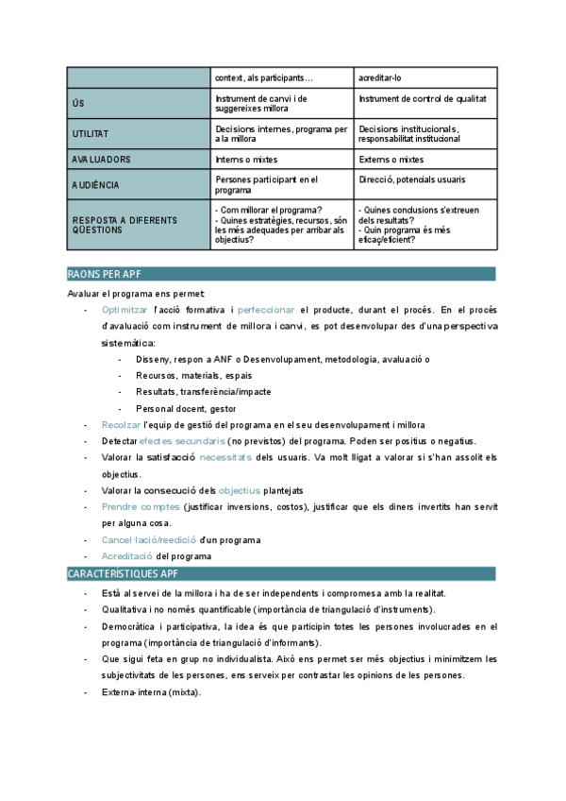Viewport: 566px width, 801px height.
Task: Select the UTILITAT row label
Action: pos(91,134)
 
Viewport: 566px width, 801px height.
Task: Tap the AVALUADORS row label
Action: pos(101,160)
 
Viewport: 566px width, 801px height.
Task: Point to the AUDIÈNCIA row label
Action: pos(95,185)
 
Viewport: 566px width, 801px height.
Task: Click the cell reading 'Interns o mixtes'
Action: pos(246,160)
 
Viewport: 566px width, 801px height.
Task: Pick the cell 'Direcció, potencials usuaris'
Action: pos(412,179)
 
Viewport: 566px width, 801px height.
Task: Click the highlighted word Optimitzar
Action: pos(125,309)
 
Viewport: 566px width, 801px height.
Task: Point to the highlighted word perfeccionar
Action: pos(266,309)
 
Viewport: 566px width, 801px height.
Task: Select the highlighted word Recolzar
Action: pos(121,425)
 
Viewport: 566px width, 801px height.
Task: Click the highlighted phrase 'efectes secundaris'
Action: pos(182,441)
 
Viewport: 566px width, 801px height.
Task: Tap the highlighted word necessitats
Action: pos(225,457)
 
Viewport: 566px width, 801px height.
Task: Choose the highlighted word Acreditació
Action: pos(127,556)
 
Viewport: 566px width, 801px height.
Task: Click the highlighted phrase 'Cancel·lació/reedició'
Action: pos(149,540)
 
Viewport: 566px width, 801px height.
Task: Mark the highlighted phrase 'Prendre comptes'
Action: pos(141,507)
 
